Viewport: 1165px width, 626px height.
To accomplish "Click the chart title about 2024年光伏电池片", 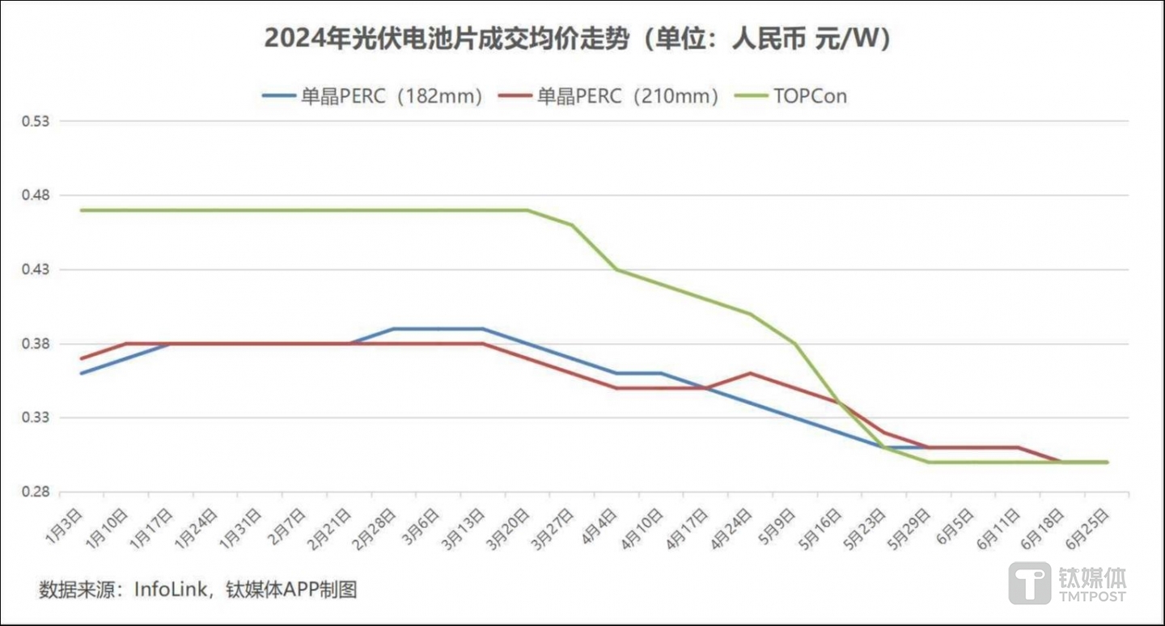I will [x=578, y=39].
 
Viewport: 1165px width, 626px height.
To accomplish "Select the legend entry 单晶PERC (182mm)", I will [x=374, y=95].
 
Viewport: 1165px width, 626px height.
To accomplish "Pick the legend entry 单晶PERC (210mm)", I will [x=628, y=95].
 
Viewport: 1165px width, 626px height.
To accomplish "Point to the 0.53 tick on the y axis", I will [x=36, y=121].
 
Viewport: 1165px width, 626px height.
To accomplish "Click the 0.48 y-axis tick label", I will [x=36, y=196].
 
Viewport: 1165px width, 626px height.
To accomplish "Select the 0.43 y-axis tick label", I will [x=36, y=269].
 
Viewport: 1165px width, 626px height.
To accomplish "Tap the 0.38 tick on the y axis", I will [x=36, y=344].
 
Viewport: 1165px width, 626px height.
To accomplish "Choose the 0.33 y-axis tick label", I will [x=36, y=418].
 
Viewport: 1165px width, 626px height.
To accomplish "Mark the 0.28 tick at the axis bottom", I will [x=36, y=492].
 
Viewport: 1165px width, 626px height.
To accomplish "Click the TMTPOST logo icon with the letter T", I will [x=1029, y=583].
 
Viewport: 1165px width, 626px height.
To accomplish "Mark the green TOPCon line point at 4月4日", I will [x=616, y=269].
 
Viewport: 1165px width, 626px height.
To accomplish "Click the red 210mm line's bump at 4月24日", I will [x=751, y=373].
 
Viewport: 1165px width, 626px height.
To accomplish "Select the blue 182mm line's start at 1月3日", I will [x=81, y=373].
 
